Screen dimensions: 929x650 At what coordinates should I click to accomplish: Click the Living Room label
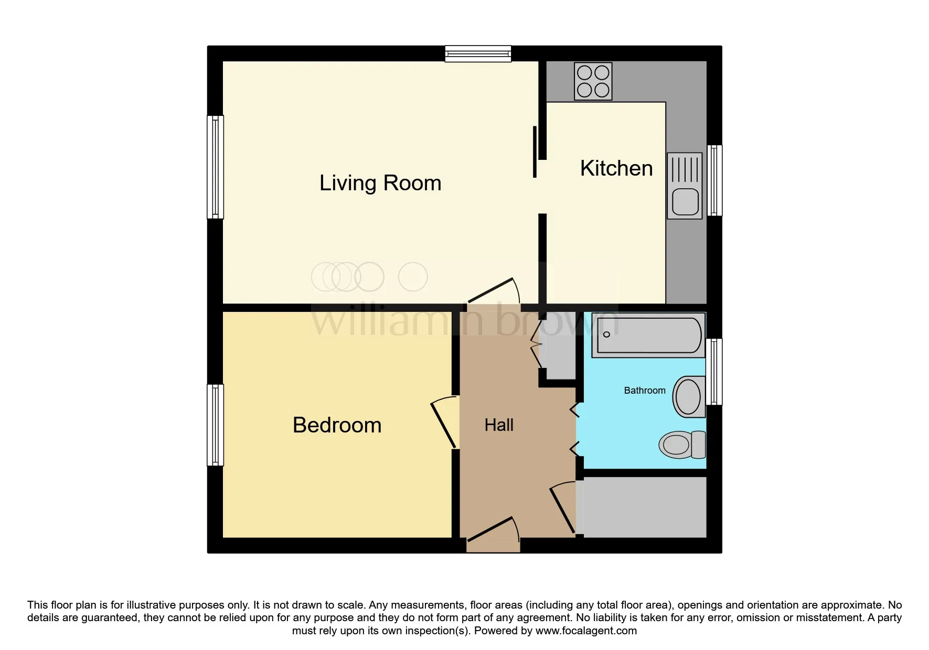pyautogui.click(x=380, y=183)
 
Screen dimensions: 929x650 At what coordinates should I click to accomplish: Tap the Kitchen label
pyautogui.click(x=616, y=168)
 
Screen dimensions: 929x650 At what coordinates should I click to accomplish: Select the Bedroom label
pyautogui.click(x=337, y=425)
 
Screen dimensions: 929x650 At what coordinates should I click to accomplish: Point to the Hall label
pyautogui.click(x=499, y=425)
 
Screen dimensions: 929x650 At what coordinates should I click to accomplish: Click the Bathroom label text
pyautogui.click(x=645, y=391)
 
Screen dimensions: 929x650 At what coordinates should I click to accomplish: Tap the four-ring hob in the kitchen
pyautogui.click(x=593, y=81)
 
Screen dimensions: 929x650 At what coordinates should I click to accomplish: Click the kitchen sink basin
pyautogui.click(x=685, y=202)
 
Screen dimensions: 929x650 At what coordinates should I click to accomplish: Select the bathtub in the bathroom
pyautogui.click(x=648, y=335)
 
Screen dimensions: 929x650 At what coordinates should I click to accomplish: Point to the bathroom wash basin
pyautogui.click(x=689, y=397)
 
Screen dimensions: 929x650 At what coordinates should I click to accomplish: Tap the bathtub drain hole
pyautogui.click(x=606, y=334)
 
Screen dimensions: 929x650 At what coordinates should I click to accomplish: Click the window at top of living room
pyautogui.click(x=478, y=53)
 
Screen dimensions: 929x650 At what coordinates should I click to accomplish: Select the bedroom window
pyautogui.click(x=216, y=425)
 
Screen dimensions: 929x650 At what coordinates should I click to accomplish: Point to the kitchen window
pyautogui.click(x=714, y=180)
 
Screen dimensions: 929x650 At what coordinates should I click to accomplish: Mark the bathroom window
pyautogui.click(x=714, y=372)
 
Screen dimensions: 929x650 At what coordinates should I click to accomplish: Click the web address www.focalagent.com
pyautogui.click(x=586, y=631)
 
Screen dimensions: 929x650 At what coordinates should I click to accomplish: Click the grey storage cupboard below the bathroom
pyautogui.click(x=645, y=507)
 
